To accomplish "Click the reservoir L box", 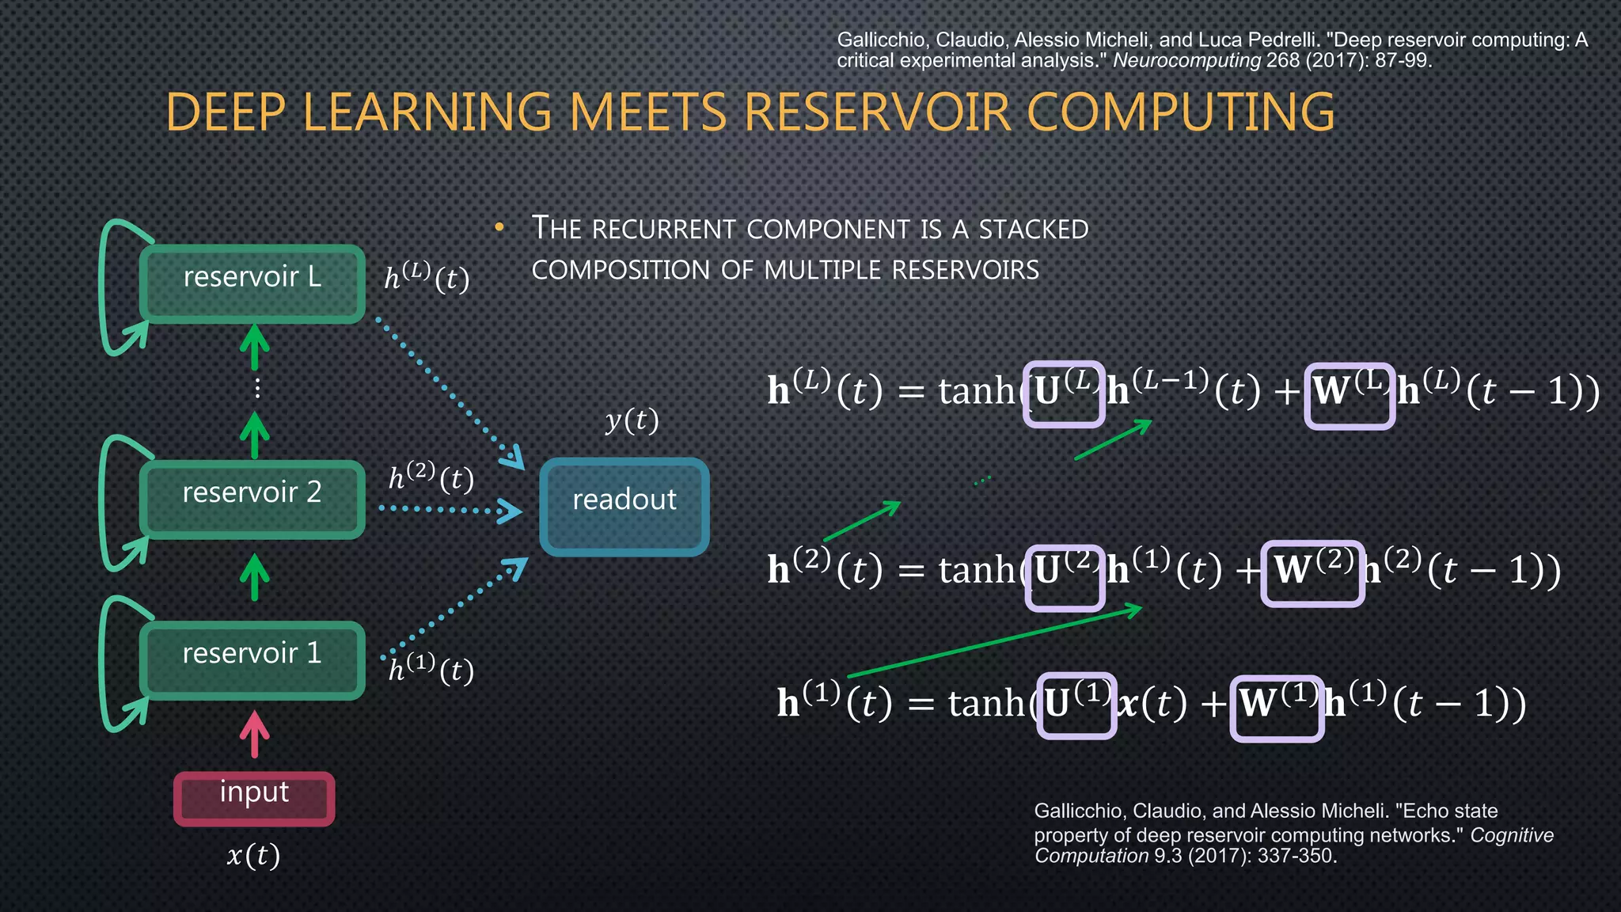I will (x=252, y=283).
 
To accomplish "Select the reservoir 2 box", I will (x=252, y=500).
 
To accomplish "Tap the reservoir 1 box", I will (x=252, y=660).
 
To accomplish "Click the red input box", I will (x=254, y=798).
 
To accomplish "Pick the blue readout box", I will (x=624, y=507).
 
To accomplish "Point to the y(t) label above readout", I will (x=632, y=420).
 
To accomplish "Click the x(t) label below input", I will (x=253, y=856).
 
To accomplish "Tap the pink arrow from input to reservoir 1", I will (x=254, y=734).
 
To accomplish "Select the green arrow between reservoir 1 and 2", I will (x=254, y=576).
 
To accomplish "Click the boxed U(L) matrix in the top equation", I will (x=1063, y=394).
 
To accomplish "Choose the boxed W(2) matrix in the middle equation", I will (x=1312, y=573).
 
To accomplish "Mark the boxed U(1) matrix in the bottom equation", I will (x=1076, y=705).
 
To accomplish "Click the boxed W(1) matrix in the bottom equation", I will (x=1276, y=708).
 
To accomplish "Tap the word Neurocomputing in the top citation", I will (x=1186, y=61).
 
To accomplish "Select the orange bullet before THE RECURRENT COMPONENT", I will (x=499, y=228).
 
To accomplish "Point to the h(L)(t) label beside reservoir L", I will (x=427, y=277).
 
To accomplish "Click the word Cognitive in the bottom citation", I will (x=1511, y=835).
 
